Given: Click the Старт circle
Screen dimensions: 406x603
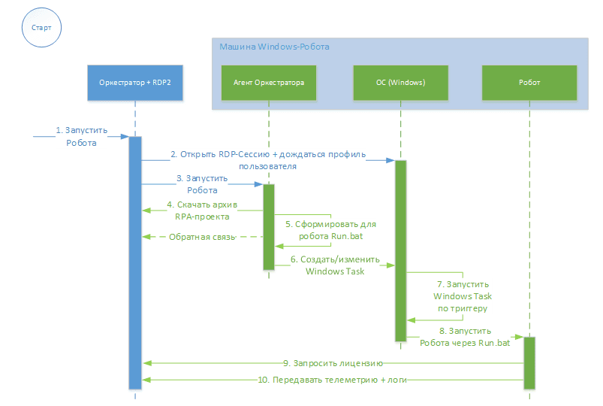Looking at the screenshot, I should coord(42,27).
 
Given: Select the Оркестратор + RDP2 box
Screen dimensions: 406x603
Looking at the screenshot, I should coord(135,83).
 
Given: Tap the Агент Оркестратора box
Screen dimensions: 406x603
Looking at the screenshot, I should coord(268,83).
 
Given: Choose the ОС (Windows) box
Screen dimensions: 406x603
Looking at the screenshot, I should coord(400,83).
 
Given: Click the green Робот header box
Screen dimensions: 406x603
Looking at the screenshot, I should coord(529,83).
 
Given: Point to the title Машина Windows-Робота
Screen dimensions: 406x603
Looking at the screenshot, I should coord(273,47).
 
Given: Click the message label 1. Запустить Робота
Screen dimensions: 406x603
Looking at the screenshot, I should coord(82,136).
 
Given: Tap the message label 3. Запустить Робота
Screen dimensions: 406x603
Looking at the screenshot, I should coord(201,184).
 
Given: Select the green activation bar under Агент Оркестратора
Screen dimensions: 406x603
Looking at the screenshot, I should coord(268,226).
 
